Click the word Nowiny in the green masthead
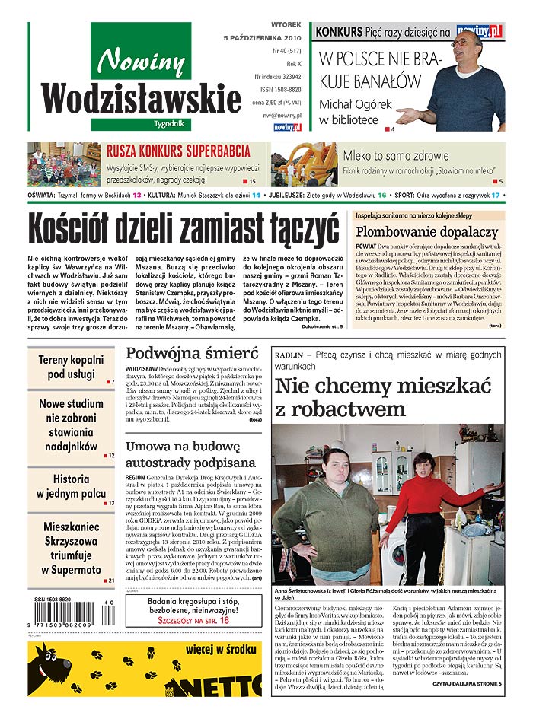point(142,59)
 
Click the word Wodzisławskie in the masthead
point(142,98)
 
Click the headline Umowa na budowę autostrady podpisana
point(190,453)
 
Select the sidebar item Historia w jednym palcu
point(71,486)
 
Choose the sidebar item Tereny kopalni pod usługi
point(71,367)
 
